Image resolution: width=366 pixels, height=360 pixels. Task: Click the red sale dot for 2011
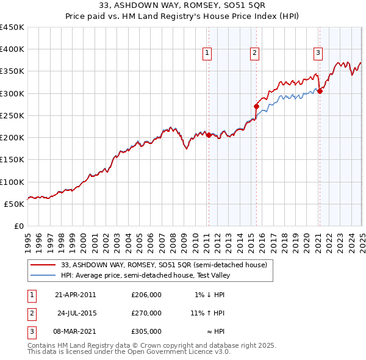209,135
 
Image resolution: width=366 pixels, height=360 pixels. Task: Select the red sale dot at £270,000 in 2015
256,106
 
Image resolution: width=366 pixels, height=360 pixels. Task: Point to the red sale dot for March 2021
320,91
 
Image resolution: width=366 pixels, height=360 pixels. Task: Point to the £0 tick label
18,226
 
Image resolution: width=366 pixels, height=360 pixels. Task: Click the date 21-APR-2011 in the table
75,295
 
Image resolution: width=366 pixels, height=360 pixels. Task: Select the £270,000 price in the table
146,313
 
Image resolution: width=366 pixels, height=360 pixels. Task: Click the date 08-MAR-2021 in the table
75,331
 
